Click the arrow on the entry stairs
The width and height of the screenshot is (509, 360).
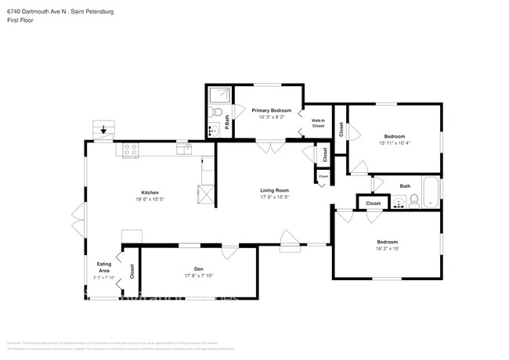(x=103, y=130)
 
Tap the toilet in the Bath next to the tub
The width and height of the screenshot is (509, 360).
(x=401, y=204)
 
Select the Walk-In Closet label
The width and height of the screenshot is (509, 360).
(x=317, y=122)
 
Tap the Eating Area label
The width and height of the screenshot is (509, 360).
(x=103, y=267)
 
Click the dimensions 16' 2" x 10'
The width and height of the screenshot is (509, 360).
(x=388, y=250)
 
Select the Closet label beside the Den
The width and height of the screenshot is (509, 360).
(x=132, y=272)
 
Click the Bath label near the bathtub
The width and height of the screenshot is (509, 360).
(x=404, y=185)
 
